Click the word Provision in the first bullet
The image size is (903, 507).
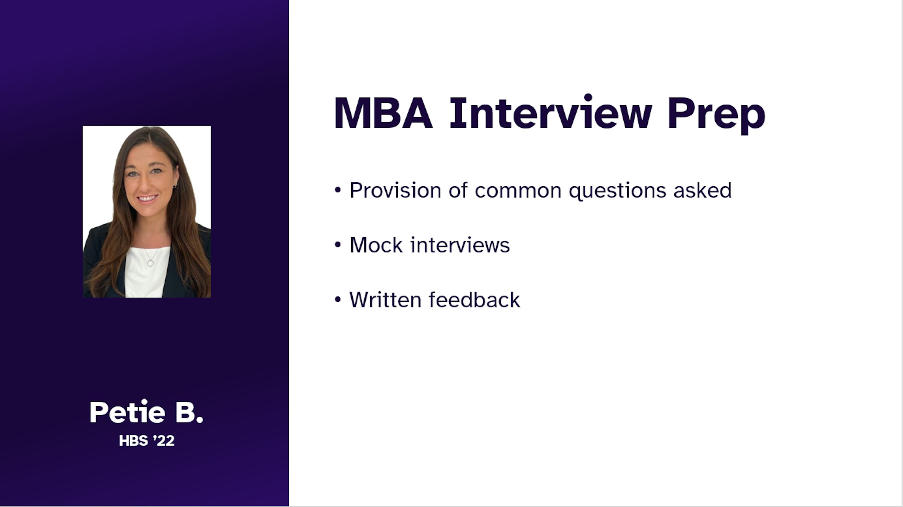click(395, 190)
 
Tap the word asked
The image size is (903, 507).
click(702, 190)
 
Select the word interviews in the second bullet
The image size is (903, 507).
click(460, 245)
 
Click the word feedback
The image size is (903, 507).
click(475, 300)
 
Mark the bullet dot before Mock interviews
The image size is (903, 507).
click(338, 245)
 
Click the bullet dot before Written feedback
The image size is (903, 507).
click(338, 300)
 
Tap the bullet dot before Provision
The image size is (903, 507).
click(338, 190)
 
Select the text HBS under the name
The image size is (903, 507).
click(134, 441)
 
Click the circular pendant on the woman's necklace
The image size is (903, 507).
click(151, 263)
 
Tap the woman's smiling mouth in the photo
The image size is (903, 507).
click(148, 198)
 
